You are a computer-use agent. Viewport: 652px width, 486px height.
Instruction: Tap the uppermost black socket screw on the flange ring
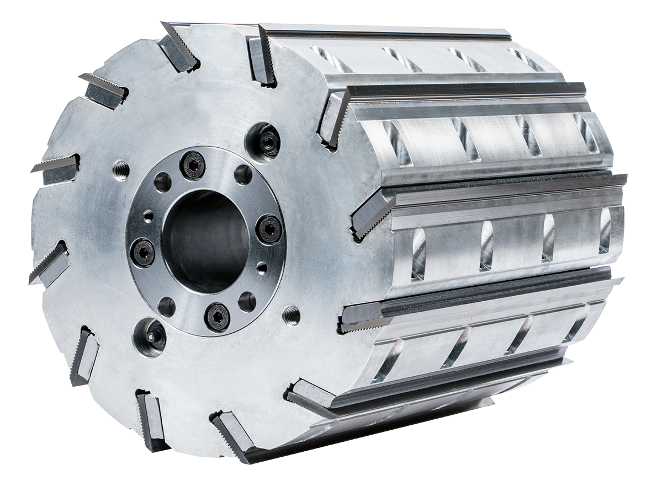[193, 165]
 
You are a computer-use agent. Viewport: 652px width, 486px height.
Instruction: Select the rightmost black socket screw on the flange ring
[269, 229]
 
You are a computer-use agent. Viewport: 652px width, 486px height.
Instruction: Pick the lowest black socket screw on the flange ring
[218, 316]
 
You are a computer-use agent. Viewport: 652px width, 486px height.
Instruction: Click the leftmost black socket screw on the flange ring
[142, 253]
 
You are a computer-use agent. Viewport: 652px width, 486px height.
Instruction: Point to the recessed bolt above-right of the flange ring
[263, 142]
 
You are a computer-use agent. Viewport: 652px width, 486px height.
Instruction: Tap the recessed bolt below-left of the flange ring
[150, 336]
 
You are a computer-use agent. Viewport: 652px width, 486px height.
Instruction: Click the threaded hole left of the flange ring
[121, 169]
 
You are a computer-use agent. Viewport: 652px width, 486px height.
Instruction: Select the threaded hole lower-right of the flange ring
[291, 315]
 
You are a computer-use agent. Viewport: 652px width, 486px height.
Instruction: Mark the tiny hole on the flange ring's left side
[148, 216]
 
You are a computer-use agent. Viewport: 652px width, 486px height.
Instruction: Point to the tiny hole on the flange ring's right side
[262, 268]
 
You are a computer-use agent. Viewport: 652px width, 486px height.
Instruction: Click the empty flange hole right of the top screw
[242, 174]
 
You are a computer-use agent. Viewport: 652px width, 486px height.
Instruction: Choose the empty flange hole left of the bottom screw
[167, 307]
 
